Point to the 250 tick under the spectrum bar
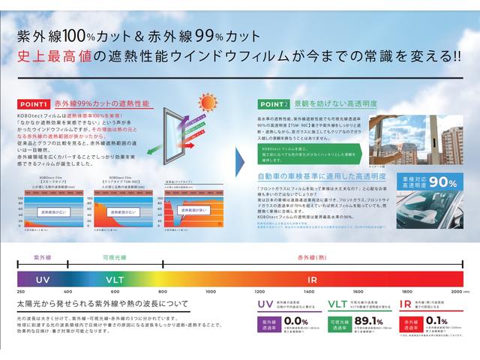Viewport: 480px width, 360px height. pos(20,290)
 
